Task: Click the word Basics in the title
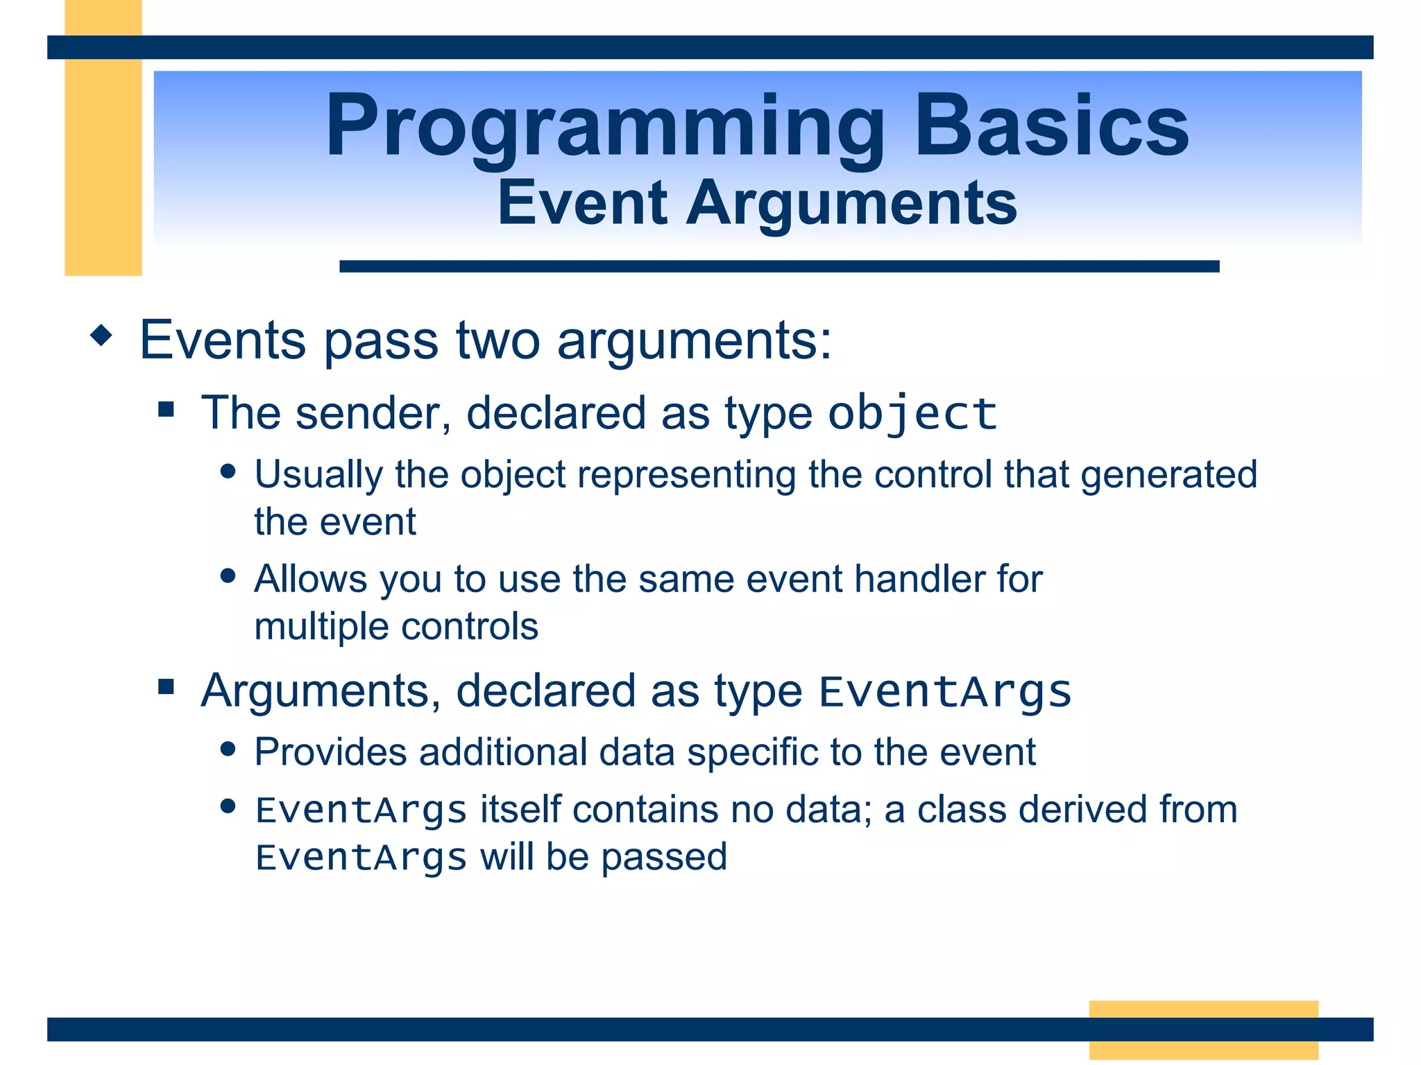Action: (x=1052, y=125)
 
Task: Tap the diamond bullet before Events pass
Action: (x=101, y=336)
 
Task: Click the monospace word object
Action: (x=912, y=415)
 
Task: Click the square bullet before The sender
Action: (x=166, y=408)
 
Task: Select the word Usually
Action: (x=318, y=476)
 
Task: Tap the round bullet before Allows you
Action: (x=228, y=575)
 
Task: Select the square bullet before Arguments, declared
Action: (x=166, y=686)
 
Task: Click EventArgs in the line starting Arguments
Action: (x=945, y=693)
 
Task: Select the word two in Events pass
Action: (x=497, y=341)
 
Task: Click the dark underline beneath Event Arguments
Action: (x=779, y=266)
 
